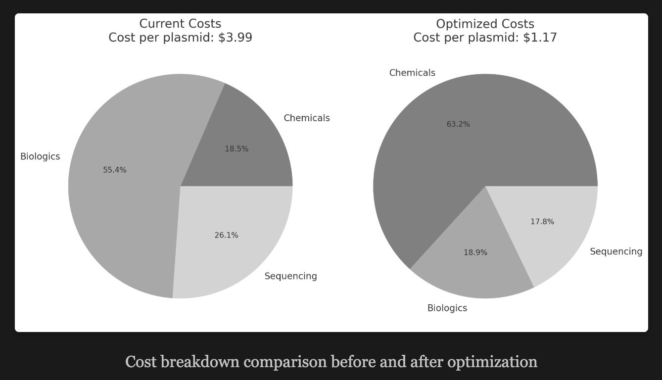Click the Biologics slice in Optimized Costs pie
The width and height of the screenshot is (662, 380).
470,267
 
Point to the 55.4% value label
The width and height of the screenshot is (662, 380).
115,170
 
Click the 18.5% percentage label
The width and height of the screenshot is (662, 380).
236,149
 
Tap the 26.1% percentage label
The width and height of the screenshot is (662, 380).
226,236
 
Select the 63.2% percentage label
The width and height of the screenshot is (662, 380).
458,124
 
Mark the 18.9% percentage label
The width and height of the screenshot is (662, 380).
475,253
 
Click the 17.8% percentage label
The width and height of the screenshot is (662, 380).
542,222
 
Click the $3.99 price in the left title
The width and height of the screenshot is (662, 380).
235,38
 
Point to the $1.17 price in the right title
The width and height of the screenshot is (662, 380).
540,38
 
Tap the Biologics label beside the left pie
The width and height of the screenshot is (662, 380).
40,157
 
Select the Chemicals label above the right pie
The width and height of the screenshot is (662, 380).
412,73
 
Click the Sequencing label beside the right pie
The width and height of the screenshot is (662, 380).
616,252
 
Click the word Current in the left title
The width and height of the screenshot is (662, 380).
159,24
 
